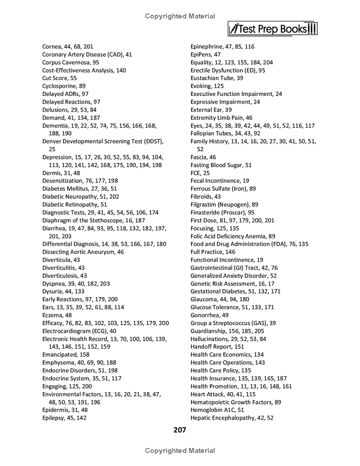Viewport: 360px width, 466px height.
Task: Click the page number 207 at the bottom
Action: [180, 430]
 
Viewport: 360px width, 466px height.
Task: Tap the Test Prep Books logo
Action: [273, 30]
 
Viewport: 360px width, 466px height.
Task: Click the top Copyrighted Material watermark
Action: [180, 16]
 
